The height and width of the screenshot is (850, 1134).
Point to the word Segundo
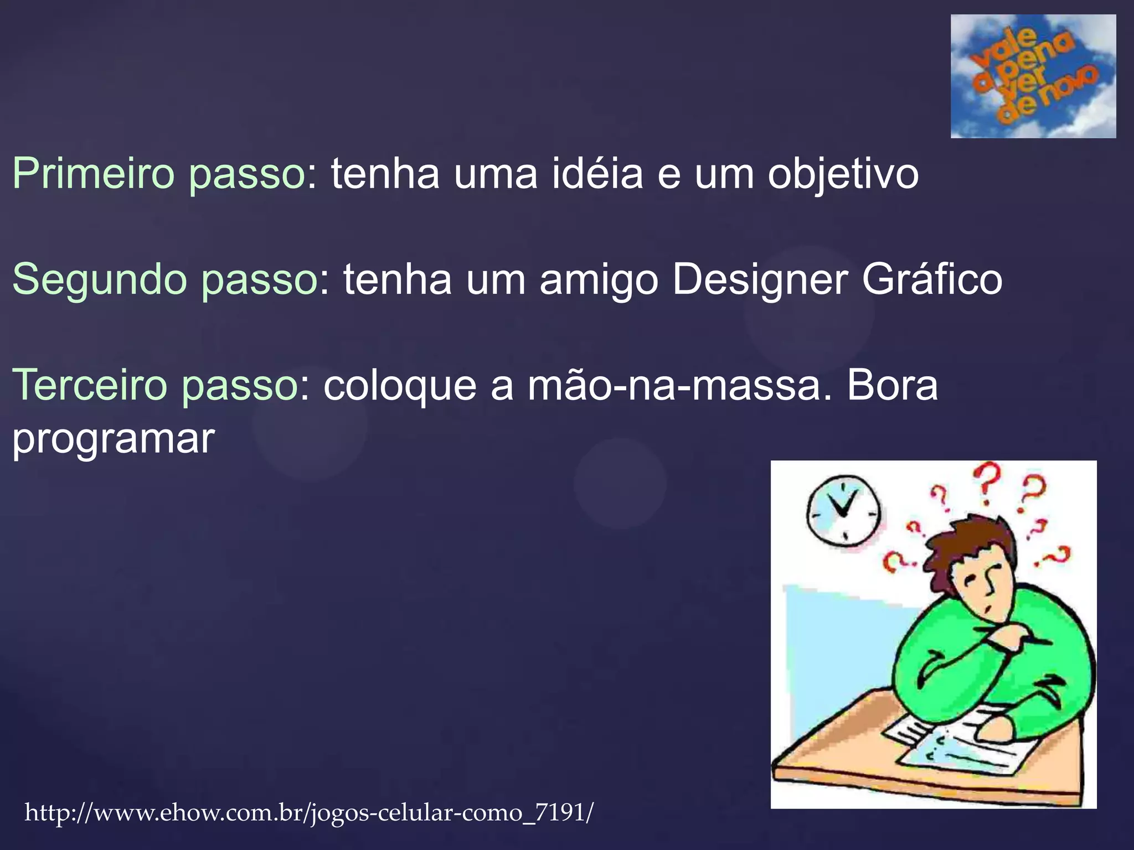pos(99,280)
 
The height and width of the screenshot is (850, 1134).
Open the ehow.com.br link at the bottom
pos(309,813)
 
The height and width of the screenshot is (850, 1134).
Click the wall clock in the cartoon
pos(843,510)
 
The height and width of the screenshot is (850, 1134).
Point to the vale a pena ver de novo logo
pos(1033,76)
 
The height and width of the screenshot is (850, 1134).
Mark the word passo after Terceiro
pos(240,386)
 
